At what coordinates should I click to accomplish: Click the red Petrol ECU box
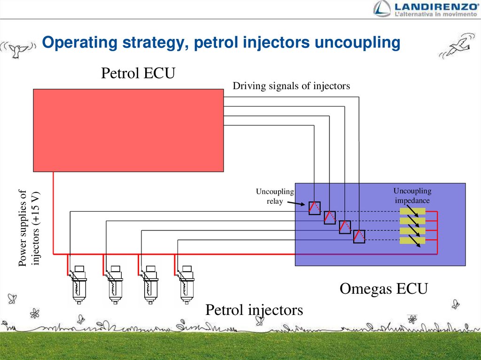(x=128, y=130)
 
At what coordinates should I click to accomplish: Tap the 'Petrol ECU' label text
(x=138, y=73)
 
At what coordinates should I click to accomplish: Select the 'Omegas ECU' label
(x=383, y=289)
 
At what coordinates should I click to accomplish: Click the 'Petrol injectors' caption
(x=254, y=310)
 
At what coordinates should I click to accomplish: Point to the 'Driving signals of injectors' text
(x=291, y=86)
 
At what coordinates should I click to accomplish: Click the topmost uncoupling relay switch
(x=314, y=208)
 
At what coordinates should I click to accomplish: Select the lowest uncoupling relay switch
(x=359, y=236)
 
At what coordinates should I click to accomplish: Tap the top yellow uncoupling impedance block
(x=412, y=211)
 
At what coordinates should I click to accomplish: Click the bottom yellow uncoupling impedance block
(x=412, y=240)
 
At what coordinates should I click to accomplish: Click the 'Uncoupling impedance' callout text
(x=412, y=196)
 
